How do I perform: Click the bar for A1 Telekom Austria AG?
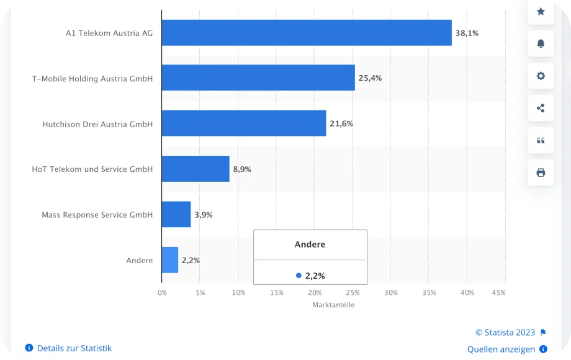[x=307, y=33]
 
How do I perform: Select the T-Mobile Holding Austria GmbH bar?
[x=258, y=78]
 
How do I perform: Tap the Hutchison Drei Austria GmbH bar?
[x=244, y=124]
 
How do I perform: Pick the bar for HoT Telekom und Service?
[x=196, y=169]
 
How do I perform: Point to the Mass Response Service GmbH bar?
[x=176, y=215]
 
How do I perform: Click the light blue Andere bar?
[x=170, y=260]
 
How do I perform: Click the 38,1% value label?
[x=467, y=33]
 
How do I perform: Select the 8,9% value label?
[x=242, y=169]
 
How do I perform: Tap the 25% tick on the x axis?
[x=353, y=292]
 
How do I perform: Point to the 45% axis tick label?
[x=498, y=292]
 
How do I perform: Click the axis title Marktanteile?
[x=333, y=305]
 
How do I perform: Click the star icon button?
[x=541, y=11]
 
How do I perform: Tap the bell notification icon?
[x=541, y=43]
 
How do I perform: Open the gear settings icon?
[x=541, y=76]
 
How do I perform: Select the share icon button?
[x=541, y=108]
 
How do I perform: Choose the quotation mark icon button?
[x=541, y=140]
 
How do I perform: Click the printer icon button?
[x=541, y=173]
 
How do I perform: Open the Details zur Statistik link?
[x=74, y=348]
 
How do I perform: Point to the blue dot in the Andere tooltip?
[x=299, y=275]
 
